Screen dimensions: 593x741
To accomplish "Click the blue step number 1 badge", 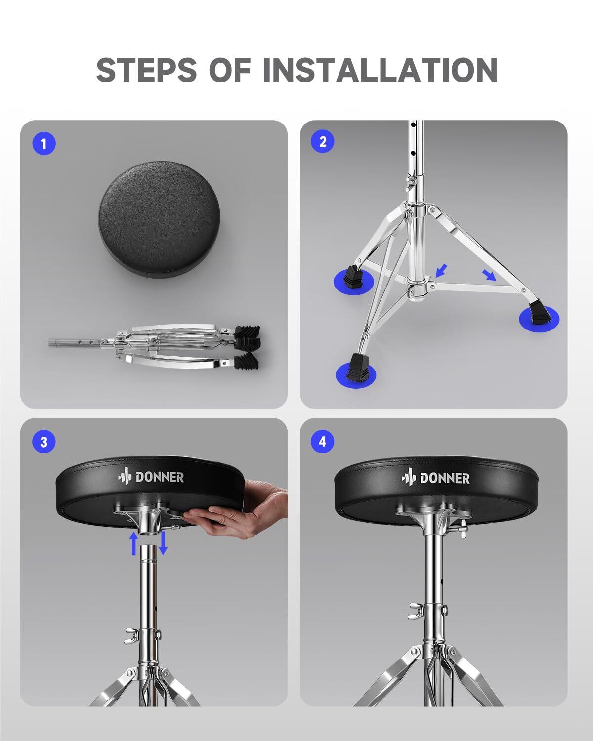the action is (x=44, y=143).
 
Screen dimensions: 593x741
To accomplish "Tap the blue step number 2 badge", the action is (x=323, y=141).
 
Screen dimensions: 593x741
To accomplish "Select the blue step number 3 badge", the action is (x=44, y=442).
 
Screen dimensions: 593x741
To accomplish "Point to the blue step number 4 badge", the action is (x=323, y=441).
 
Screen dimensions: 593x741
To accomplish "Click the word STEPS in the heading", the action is (x=146, y=70).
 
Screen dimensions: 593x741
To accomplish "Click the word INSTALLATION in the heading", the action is (x=381, y=70).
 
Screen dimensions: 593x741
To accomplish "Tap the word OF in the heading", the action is (x=230, y=70).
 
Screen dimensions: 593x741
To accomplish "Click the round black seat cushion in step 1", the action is (x=160, y=219).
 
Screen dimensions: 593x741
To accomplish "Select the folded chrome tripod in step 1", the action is (x=155, y=346).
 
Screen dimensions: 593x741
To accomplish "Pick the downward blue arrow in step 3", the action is (x=163, y=543).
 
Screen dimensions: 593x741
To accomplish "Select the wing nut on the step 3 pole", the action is (x=131, y=635).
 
